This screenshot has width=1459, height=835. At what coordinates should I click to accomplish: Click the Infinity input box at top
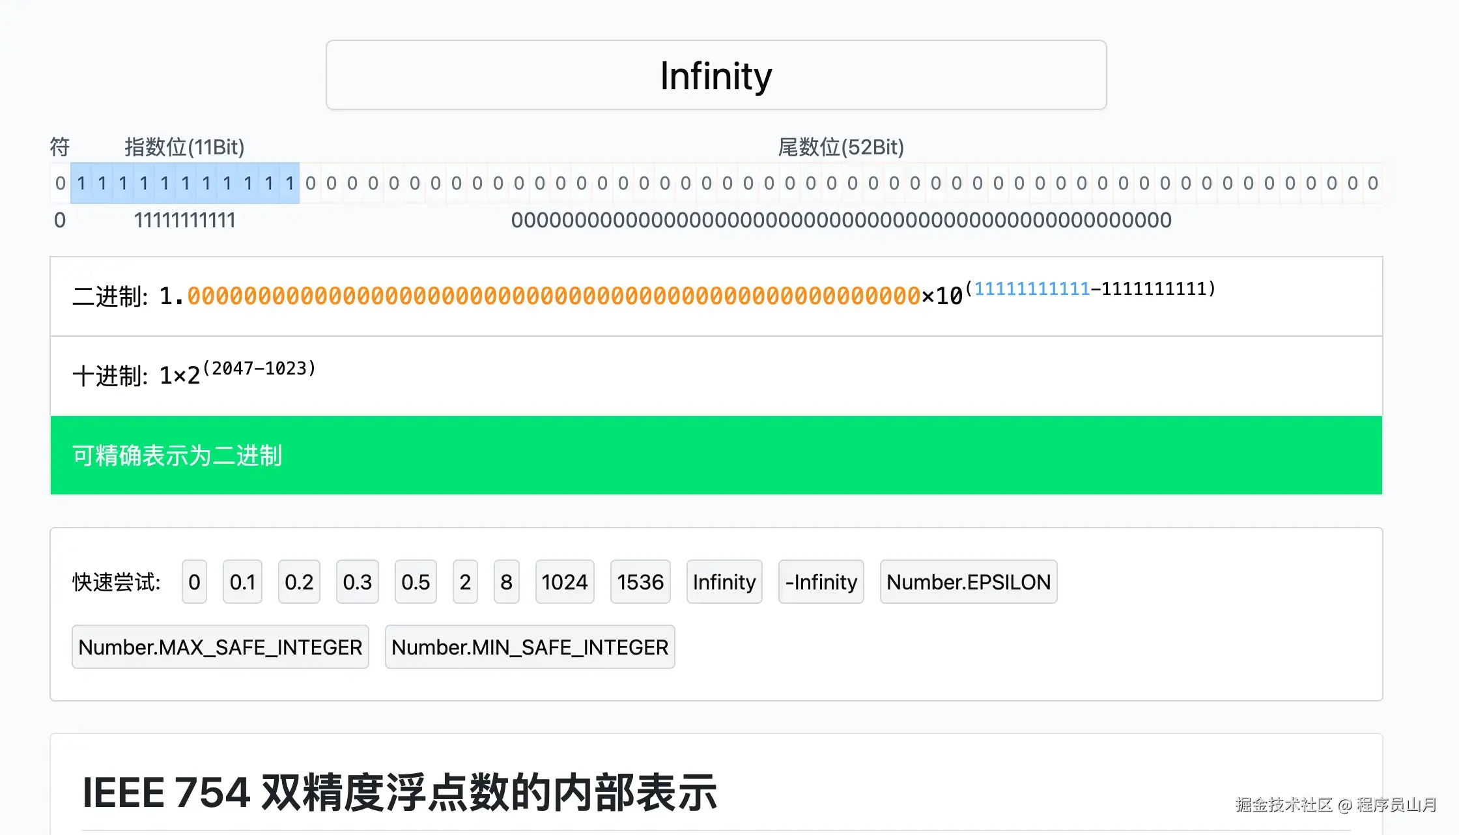click(716, 76)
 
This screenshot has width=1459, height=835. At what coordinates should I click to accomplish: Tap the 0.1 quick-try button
click(242, 582)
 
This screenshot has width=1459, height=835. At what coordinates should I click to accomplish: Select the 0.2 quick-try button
click(299, 582)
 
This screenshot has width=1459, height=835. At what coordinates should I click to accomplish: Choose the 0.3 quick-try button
click(357, 582)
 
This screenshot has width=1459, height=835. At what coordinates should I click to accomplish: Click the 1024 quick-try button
click(565, 582)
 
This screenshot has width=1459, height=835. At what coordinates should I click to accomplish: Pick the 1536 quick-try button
click(640, 582)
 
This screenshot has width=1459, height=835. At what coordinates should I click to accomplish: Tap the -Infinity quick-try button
click(821, 582)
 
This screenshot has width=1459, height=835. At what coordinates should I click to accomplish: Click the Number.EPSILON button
click(969, 582)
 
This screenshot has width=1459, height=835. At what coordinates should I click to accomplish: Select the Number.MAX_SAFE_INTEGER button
click(220, 647)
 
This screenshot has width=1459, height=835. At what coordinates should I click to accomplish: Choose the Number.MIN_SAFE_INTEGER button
click(530, 647)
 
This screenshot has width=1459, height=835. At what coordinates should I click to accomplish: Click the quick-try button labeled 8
click(506, 582)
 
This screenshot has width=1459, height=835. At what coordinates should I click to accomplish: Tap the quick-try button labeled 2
click(465, 582)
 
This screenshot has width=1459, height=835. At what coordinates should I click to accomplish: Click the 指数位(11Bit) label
click(184, 147)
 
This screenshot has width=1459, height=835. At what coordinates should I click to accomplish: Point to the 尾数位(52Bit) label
click(841, 147)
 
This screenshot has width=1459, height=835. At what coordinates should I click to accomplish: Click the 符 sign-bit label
click(60, 147)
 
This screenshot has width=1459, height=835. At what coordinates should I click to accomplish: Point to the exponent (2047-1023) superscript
click(259, 369)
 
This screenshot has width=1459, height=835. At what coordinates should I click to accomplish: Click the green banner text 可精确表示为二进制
click(177, 455)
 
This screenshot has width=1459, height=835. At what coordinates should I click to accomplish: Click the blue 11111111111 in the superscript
click(1032, 289)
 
